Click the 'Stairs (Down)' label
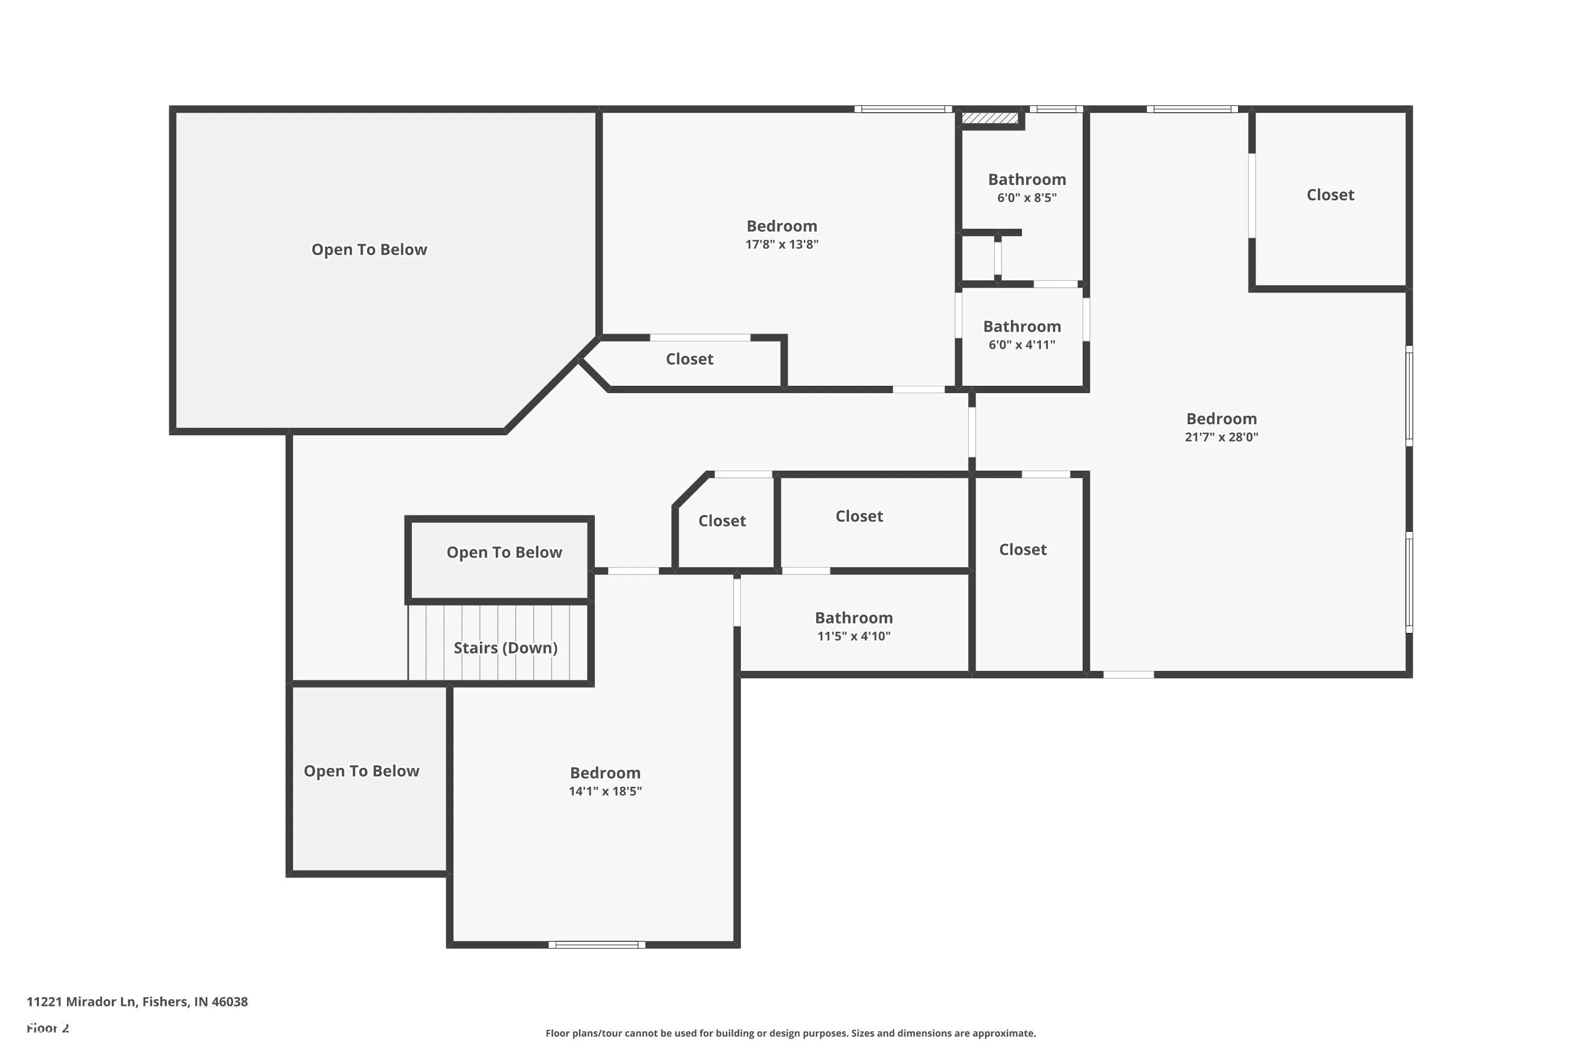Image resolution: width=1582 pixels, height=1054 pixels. (x=505, y=648)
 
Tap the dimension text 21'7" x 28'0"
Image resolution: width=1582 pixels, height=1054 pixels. (x=1221, y=437)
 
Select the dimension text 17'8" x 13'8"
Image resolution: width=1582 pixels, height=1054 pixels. (x=782, y=245)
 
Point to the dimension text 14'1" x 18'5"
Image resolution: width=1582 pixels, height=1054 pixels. (x=605, y=791)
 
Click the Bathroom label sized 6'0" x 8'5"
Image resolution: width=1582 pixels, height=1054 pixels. (x=1026, y=180)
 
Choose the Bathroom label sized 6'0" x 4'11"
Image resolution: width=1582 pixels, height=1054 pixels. (x=1022, y=327)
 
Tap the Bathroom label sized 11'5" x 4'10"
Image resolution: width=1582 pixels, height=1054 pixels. (x=854, y=618)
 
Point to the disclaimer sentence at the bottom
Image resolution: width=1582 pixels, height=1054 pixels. (x=790, y=1033)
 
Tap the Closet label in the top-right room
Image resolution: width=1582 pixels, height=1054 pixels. (x=1330, y=195)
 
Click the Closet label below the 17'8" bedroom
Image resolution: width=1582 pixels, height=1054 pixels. (x=689, y=359)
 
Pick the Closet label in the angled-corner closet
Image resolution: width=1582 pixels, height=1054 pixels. (x=722, y=521)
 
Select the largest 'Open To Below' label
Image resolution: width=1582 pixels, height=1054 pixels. (x=369, y=249)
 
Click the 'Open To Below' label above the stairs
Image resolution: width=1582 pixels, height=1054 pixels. (x=504, y=552)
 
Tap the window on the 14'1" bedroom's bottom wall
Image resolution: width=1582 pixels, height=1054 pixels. (x=596, y=944)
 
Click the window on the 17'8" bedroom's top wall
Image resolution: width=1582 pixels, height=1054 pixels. (x=903, y=109)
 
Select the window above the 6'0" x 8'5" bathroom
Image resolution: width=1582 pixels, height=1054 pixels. (x=1056, y=109)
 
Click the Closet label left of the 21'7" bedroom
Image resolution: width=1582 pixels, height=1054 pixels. (x=1022, y=550)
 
